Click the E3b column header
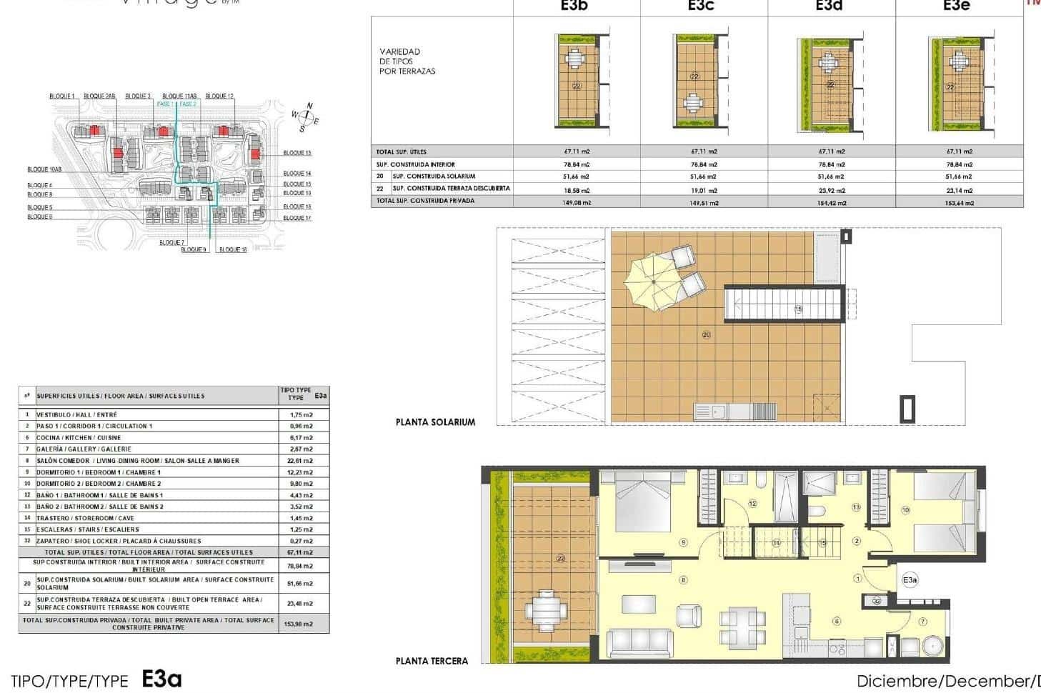pyautogui.click(x=576, y=6)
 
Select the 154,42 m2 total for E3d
pyautogui.click(x=831, y=203)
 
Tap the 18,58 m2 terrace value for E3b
pyautogui.click(x=576, y=190)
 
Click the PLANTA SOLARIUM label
pyautogui.click(x=435, y=422)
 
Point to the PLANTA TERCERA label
pyautogui.click(x=432, y=661)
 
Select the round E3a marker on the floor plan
pyautogui.click(x=910, y=580)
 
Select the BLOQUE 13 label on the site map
pyautogui.click(x=297, y=153)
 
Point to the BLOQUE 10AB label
pyautogui.click(x=44, y=169)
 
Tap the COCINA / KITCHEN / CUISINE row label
pyautogui.click(x=79, y=438)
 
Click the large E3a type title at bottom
pyautogui.click(x=161, y=679)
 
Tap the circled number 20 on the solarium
pyautogui.click(x=706, y=334)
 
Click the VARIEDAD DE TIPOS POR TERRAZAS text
pyautogui.click(x=407, y=61)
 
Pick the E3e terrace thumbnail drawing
pyautogui.click(x=960, y=84)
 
